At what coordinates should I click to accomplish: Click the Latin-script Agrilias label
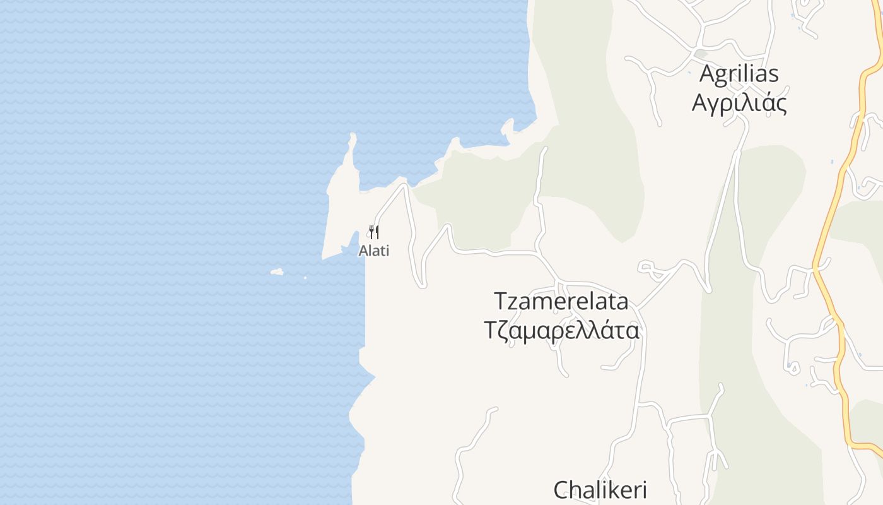click(x=739, y=74)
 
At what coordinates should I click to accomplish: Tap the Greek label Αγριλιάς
click(x=739, y=102)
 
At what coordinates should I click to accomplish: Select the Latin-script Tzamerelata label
click(x=561, y=301)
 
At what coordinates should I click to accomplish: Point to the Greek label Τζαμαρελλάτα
click(x=561, y=330)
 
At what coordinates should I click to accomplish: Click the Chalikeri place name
click(x=600, y=490)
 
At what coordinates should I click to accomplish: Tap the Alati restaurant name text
click(x=374, y=251)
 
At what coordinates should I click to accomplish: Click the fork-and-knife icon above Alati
click(x=374, y=232)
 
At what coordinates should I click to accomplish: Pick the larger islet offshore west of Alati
click(x=277, y=272)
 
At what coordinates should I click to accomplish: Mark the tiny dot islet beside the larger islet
click(x=305, y=277)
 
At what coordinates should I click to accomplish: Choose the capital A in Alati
click(x=363, y=251)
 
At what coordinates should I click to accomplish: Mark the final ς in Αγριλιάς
click(x=781, y=104)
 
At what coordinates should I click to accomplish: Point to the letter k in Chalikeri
click(x=609, y=490)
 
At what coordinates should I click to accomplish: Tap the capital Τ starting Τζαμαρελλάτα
click(x=491, y=330)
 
